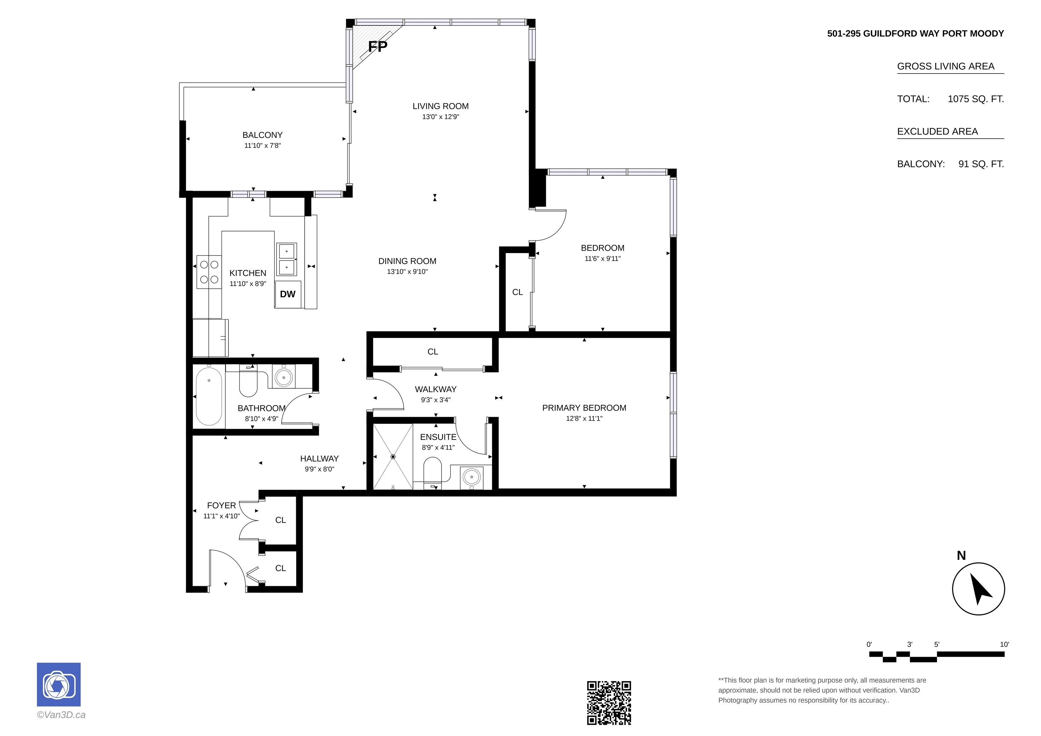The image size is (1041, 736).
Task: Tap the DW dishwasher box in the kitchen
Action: [288, 294]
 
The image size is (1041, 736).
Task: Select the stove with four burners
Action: [209, 272]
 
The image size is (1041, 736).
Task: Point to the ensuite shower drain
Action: [393, 457]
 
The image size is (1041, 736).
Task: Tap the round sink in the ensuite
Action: [472, 477]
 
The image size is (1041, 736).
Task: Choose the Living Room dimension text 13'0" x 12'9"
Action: [441, 117]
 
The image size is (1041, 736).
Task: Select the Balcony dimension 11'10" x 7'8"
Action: [263, 146]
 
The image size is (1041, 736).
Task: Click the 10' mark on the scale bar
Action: [1004, 645]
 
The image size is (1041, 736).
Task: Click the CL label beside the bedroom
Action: [517, 292]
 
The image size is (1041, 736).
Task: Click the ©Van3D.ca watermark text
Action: [61, 715]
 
